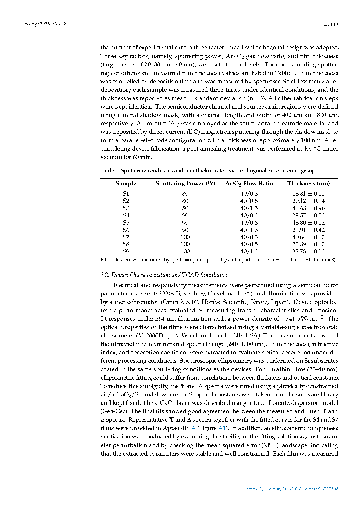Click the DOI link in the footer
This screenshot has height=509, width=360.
pyautogui.click(x=292, y=489)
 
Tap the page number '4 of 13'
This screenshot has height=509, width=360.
pyautogui.click(x=331, y=25)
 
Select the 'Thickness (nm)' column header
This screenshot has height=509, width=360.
pyautogui.click(x=308, y=183)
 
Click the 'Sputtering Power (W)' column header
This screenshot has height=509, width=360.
pyautogui.click(x=185, y=183)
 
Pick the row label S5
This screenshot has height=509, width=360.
pyautogui.click(x=126, y=223)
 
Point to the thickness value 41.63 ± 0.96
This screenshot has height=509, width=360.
pyautogui.click(x=308, y=208)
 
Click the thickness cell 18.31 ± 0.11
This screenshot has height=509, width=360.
pyautogui.click(x=308, y=194)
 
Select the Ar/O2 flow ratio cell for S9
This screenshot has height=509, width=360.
pyautogui.click(x=249, y=251)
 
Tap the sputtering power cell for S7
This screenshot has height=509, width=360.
pyautogui.click(x=185, y=237)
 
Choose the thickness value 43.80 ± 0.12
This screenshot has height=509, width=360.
pyautogui.click(x=308, y=223)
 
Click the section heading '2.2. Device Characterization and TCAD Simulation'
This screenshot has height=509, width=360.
pyautogui.click(x=164, y=275)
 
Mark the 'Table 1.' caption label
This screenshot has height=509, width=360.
pyautogui.click(x=110, y=171)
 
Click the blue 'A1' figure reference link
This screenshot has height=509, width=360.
pyautogui.click(x=222, y=428)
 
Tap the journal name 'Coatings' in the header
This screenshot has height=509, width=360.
pyautogui.click(x=30, y=24)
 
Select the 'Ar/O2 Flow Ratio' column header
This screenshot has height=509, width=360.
pyautogui.click(x=249, y=183)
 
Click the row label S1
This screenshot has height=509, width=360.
pyautogui.click(x=126, y=194)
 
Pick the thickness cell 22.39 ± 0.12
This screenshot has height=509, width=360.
pyautogui.click(x=308, y=244)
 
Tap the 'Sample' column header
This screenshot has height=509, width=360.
pyautogui.click(x=126, y=183)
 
